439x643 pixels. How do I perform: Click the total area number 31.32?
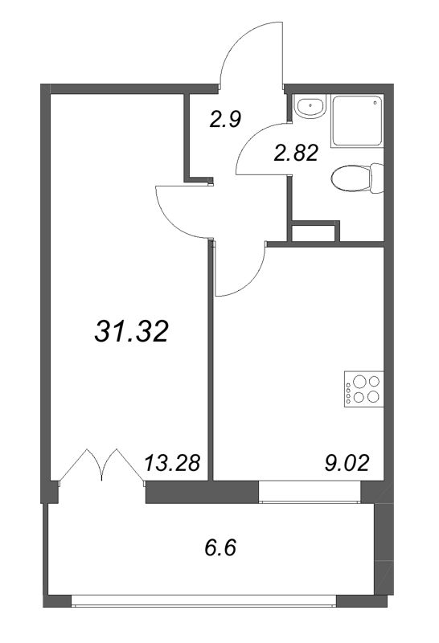(x=131, y=330)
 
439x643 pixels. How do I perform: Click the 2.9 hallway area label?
(x=226, y=120)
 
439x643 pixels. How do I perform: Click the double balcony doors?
(x=101, y=466)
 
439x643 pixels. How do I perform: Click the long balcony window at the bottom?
(x=203, y=600)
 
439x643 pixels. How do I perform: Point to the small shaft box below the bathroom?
(x=312, y=234)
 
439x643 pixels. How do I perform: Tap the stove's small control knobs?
(x=348, y=390)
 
